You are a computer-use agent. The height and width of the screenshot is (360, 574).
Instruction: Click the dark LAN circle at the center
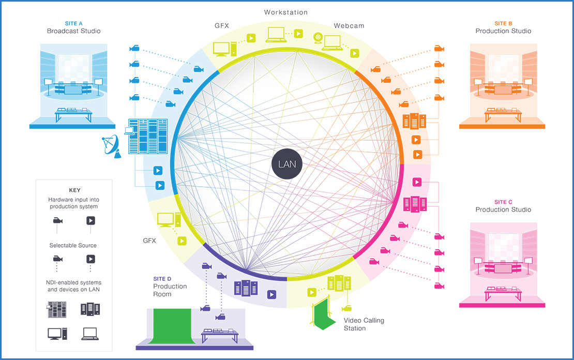pos(287,165)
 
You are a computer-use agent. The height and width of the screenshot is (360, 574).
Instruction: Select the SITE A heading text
pos(74,23)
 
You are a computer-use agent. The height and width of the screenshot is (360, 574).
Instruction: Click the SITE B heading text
pos(503,23)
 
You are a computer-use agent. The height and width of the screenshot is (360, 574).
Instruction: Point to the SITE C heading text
pos(503,202)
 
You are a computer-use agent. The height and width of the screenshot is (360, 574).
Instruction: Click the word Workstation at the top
pos(285,12)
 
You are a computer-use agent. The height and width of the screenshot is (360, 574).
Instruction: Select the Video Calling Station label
pos(364,324)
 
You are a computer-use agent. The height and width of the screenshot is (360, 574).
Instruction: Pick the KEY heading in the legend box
pos(74,190)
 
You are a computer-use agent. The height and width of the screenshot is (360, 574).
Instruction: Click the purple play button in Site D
pos(271,294)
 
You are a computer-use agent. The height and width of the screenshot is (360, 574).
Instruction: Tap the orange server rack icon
pos(414,122)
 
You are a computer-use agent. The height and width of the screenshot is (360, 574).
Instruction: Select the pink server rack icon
pos(414,204)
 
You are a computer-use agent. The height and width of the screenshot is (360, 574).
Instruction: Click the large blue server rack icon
pos(147,136)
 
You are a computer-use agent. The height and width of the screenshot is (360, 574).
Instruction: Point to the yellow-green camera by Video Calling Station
pos(346,308)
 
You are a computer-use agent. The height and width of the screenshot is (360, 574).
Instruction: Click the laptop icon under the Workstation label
pos(277,35)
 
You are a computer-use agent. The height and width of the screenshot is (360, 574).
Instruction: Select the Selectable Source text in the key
pos(73,245)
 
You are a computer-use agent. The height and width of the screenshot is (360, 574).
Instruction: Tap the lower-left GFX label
pos(149,241)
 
